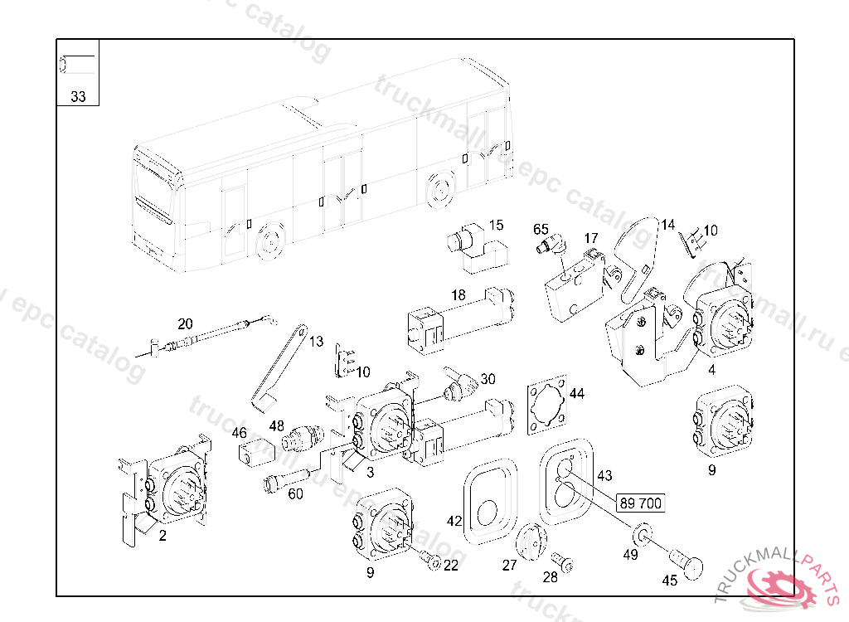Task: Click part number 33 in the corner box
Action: [78, 96]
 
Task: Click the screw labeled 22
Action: [431, 561]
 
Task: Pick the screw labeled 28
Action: [565, 563]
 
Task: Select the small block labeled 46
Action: [256, 451]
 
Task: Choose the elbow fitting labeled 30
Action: [460, 384]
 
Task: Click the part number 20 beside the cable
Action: [185, 323]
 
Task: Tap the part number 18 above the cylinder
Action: [458, 294]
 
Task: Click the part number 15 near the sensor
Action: [496, 225]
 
